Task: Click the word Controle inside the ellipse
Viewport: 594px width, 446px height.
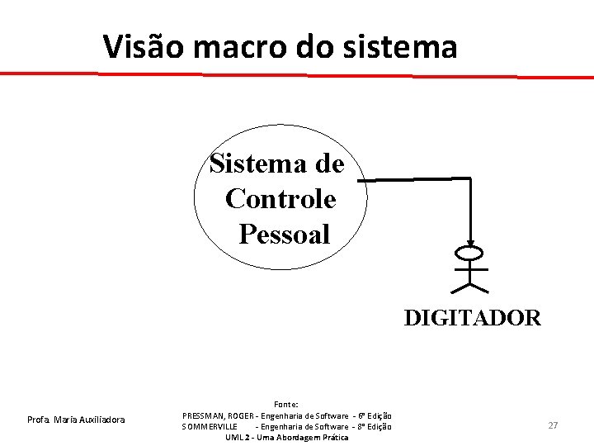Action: pyautogui.click(x=280, y=199)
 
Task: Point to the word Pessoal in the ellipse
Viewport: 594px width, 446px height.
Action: pyautogui.click(x=285, y=235)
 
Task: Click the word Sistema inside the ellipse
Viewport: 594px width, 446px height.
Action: pyautogui.click(x=250, y=164)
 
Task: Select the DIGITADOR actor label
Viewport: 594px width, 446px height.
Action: pyautogui.click(x=472, y=318)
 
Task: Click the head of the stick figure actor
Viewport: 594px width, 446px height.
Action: pyautogui.click(x=471, y=252)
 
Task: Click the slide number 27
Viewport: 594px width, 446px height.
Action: pyautogui.click(x=553, y=425)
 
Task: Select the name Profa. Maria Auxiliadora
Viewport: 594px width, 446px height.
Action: pyautogui.click(x=76, y=420)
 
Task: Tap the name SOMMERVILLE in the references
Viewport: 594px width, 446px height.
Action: pyautogui.click(x=210, y=426)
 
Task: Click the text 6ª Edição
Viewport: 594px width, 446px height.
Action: pyautogui.click(x=375, y=415)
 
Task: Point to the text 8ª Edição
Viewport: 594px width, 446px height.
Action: pyautogui.click(x=375, y=426)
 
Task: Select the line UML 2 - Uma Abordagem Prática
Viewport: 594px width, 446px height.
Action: pyautogui.click(x=286, y=437)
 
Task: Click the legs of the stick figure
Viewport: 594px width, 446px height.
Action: pyautogui.click(x=470, y=286)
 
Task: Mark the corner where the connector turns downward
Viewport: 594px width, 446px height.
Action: pyautogui.click(x=470, y=178)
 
